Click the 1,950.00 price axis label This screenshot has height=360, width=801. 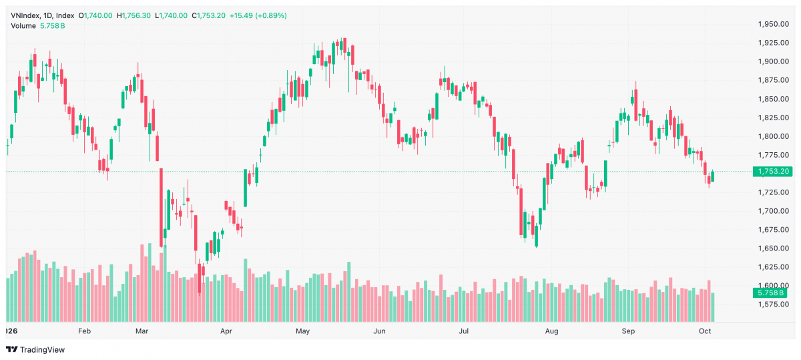(774, 24)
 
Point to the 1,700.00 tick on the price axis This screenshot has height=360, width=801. (774, 211)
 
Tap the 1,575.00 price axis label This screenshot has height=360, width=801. (774, 304)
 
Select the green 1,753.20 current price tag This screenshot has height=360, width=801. (770, 172)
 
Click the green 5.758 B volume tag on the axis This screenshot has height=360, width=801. (770, 293)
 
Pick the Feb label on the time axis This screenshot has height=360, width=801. (84, 331)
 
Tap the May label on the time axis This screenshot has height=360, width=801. (302, 331)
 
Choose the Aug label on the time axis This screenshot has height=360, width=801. (551, 331)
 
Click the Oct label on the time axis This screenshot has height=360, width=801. (705, 331)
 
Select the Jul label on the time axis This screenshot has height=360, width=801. (464, 331)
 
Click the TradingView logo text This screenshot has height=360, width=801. (43, 349)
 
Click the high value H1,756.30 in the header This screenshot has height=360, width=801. (136, 16)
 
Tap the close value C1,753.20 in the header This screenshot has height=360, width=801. (208, 16)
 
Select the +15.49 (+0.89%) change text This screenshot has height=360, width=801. (258, 16)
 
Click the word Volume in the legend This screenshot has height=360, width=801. (23, 26)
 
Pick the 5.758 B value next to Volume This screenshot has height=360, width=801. (53, 26)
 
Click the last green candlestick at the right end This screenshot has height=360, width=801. (713, 176)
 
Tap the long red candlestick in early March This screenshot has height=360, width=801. (162, 208)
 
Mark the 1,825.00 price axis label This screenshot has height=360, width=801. (774, 118)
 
